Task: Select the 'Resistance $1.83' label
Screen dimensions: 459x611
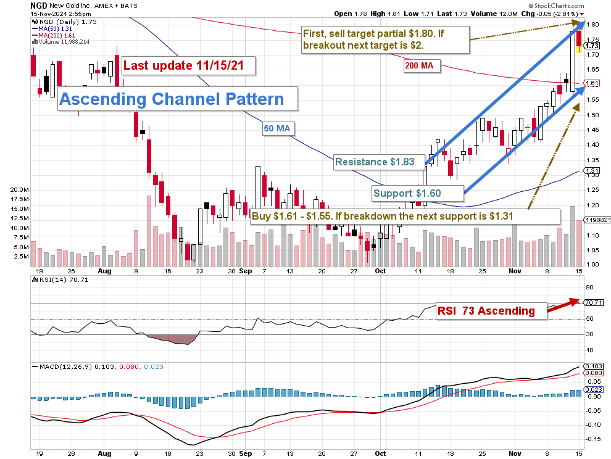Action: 379,162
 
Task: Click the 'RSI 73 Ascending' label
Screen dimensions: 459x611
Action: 486,311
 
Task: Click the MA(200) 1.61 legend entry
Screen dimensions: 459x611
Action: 53,35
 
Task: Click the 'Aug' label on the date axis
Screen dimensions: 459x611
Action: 105,270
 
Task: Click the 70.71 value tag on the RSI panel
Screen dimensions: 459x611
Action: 594,302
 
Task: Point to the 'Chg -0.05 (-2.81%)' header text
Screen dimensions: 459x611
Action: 554,14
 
